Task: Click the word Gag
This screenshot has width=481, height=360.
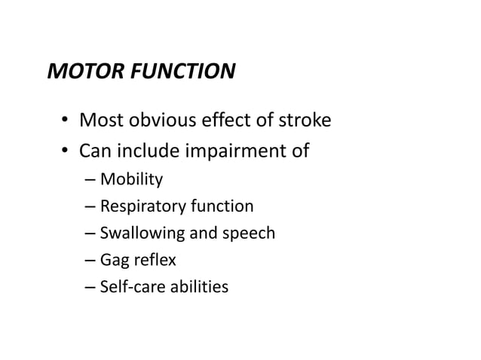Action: coord(114,261)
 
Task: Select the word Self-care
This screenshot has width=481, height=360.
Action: coord(130,287)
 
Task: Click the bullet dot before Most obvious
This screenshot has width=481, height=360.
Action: coord(66,121)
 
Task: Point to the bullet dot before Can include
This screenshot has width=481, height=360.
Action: coord(66,151)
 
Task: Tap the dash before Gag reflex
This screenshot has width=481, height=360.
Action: coord(90,261)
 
